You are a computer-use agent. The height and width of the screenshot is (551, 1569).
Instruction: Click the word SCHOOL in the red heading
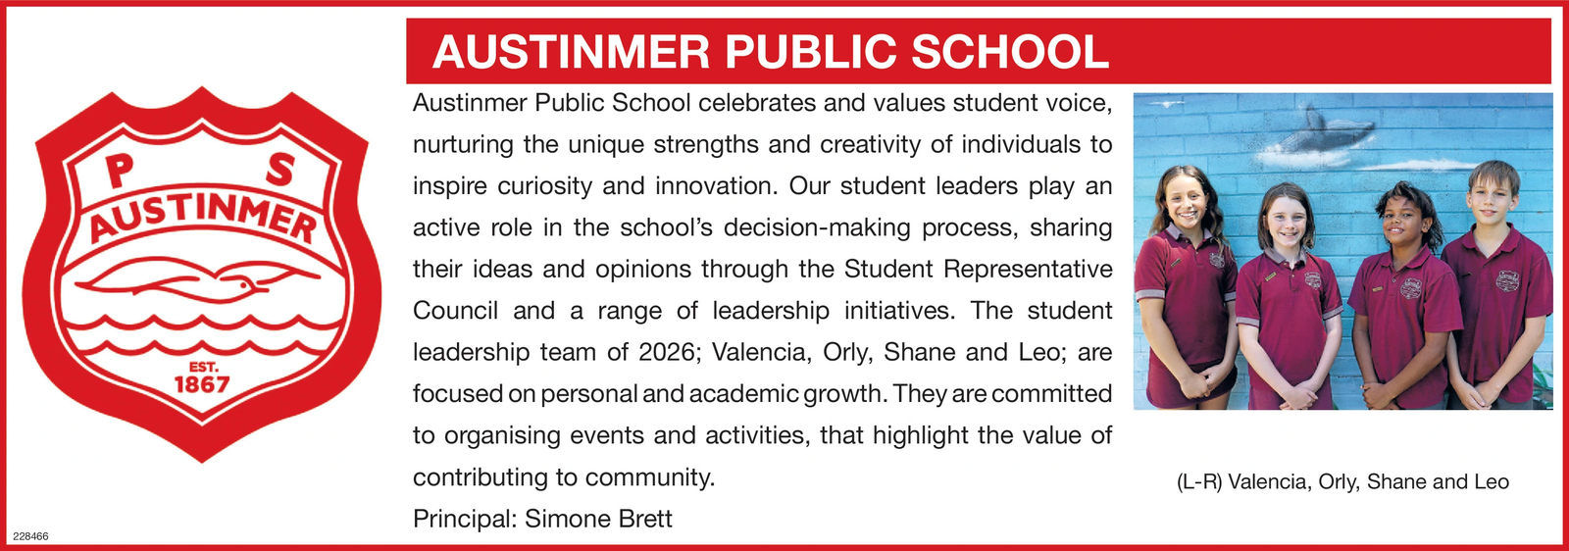[x=1010, y=52]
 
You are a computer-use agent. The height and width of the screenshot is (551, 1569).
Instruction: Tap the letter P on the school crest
[x=119, y=170]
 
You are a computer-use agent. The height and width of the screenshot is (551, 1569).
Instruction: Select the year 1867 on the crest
[x=201, y=384]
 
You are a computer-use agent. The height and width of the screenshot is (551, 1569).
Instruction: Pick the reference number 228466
[x=30, y=536]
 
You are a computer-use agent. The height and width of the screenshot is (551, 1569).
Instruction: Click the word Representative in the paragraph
[x=1028, y=269]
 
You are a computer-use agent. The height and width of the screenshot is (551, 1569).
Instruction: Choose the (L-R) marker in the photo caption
[x=1198, y=482]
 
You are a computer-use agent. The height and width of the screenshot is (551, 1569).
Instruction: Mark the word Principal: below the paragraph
[x=464, y=519]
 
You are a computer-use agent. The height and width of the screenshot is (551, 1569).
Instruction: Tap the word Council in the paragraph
[x=455, y=311]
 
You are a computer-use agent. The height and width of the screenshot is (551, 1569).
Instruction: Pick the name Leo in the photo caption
[x=1491, y=482]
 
